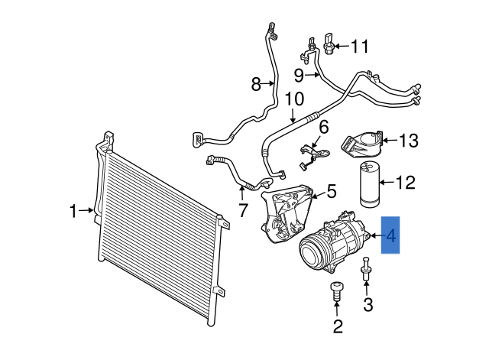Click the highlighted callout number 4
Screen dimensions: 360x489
(390, 237)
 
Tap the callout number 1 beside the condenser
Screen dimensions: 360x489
(74, 211)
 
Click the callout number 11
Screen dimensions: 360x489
(359, 47)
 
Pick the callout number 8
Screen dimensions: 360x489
(256, 84)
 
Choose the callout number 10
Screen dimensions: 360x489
(293, 99)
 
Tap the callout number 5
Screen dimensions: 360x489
(331, 190)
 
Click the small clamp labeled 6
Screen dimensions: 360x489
(312, 153)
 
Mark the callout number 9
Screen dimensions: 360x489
(299, 74)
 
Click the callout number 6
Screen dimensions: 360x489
(323, 127)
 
